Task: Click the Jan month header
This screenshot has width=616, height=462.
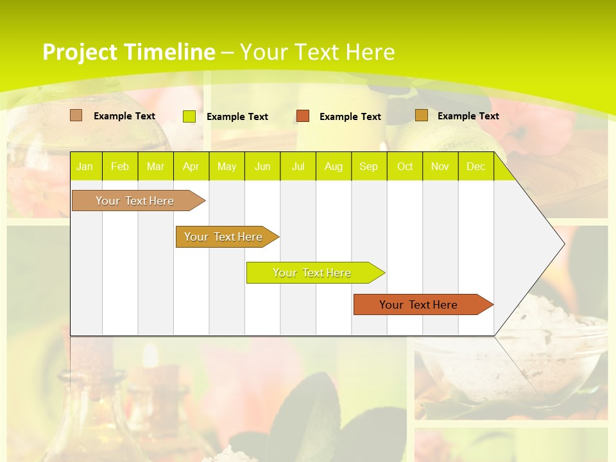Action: pos(85,166)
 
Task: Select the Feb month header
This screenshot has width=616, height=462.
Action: pos(120,166)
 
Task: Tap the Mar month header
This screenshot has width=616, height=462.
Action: pos(155,166)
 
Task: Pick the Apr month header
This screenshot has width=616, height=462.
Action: pos(191,166)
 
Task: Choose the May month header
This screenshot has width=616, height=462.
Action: pos(227,166)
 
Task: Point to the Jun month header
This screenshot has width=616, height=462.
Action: pos(262,166)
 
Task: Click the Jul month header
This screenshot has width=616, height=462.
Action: pos(298,166)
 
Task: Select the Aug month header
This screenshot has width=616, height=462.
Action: pos(334,166)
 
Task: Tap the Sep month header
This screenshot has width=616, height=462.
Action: pos(368,166)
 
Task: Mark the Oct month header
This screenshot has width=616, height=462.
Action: pos(405,166)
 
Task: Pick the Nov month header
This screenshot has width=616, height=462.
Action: pos(440,166)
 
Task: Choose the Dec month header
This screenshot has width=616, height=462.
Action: pos(475,166)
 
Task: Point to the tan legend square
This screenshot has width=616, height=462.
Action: pos(76,116)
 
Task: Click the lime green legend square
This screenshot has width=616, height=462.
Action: pos(189,116)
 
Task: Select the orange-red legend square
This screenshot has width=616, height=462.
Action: pos(303,116)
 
